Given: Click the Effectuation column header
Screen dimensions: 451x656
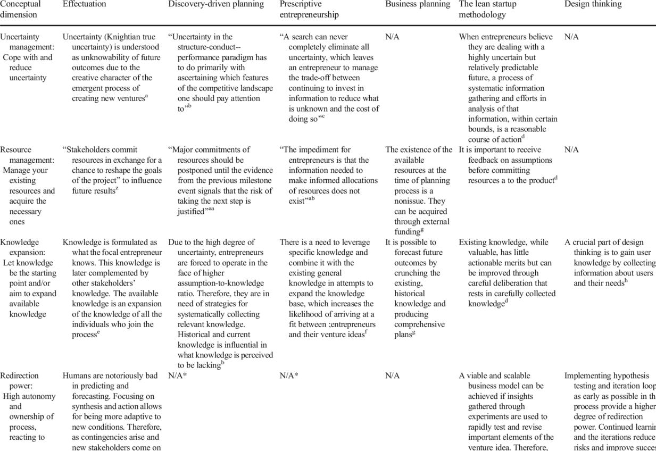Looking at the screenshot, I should (x=84, y=4).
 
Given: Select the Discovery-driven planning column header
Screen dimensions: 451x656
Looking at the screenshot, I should (x=216, y=4).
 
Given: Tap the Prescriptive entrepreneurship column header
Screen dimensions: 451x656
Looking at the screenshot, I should (x=309, y=9).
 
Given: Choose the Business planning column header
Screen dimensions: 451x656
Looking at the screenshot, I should (x=418, y=4).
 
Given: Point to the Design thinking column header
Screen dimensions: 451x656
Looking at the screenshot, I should (x=593, y=4).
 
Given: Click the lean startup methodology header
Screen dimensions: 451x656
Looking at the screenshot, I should (x=490, y=9).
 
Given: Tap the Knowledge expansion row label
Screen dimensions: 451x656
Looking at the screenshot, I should (x=27, y=278).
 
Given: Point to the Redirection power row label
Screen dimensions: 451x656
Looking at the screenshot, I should (x=27, y=406).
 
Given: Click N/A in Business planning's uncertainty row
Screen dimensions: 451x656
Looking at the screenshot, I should (x=393, y=37).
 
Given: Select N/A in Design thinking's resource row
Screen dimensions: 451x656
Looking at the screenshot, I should (x=571, y=150).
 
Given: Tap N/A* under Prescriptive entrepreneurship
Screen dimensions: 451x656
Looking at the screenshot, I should (x=289, y=376).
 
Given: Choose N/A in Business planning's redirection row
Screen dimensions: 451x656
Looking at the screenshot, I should (x=393, y=376).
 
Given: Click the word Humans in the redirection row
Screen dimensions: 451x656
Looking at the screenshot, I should (x=76, y=376).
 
